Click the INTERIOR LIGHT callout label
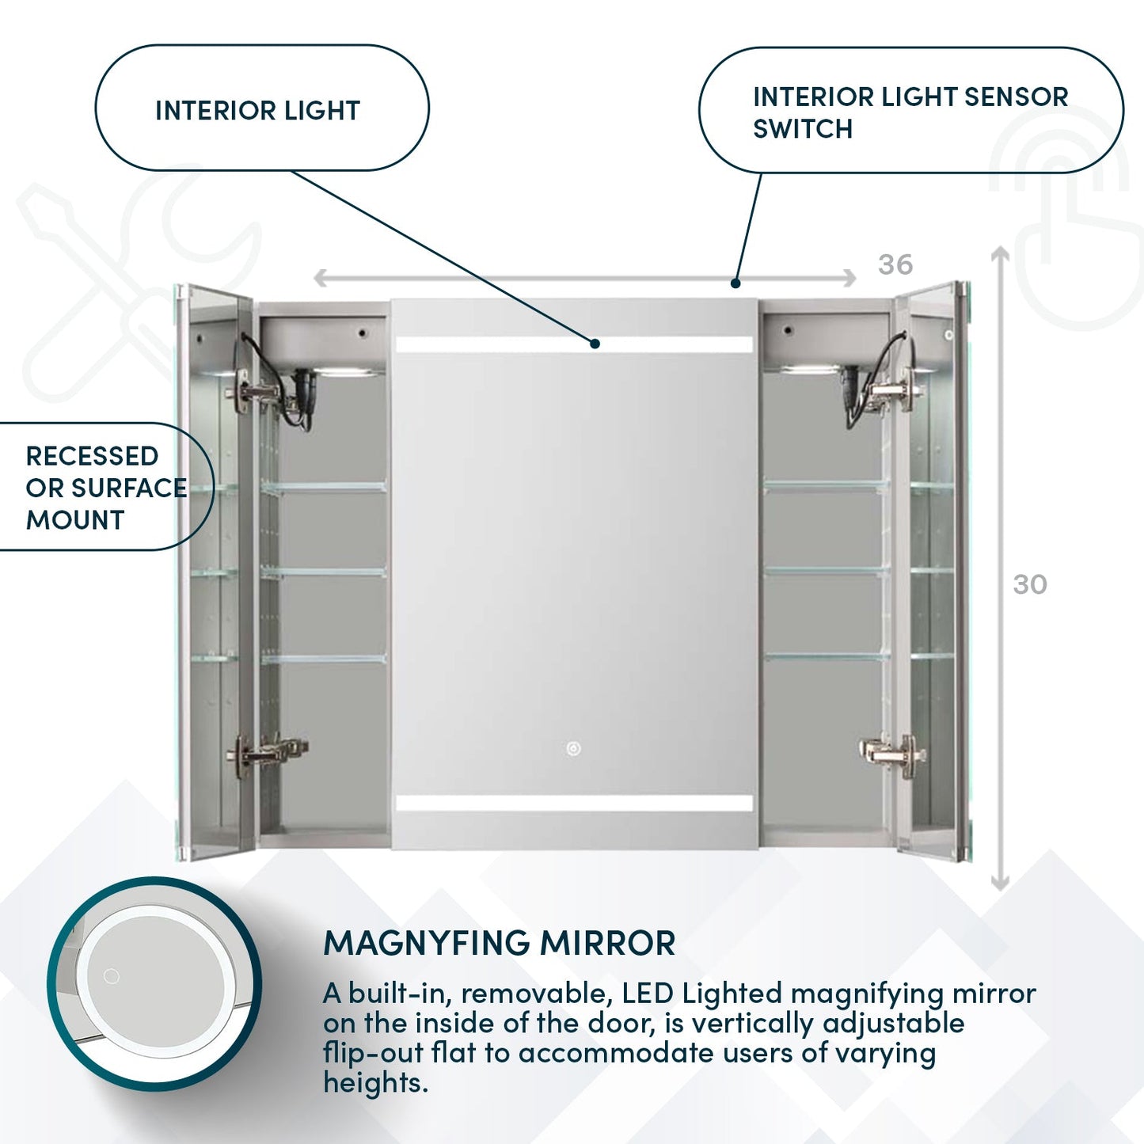pos(257,110)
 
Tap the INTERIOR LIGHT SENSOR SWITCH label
pos(910,112)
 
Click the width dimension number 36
pos(895,264)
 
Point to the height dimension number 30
pos(1030,584)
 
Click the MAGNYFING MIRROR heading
pos(500,943)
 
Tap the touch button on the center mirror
pos(573,748)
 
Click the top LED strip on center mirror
pos(574,344)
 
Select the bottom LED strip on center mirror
pos(574,804)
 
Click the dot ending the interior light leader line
pos(595,344)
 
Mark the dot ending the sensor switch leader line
pos(735,283)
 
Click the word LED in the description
pos(647,993)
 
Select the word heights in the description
pos(374,1082)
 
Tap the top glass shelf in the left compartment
pos(323,488)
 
